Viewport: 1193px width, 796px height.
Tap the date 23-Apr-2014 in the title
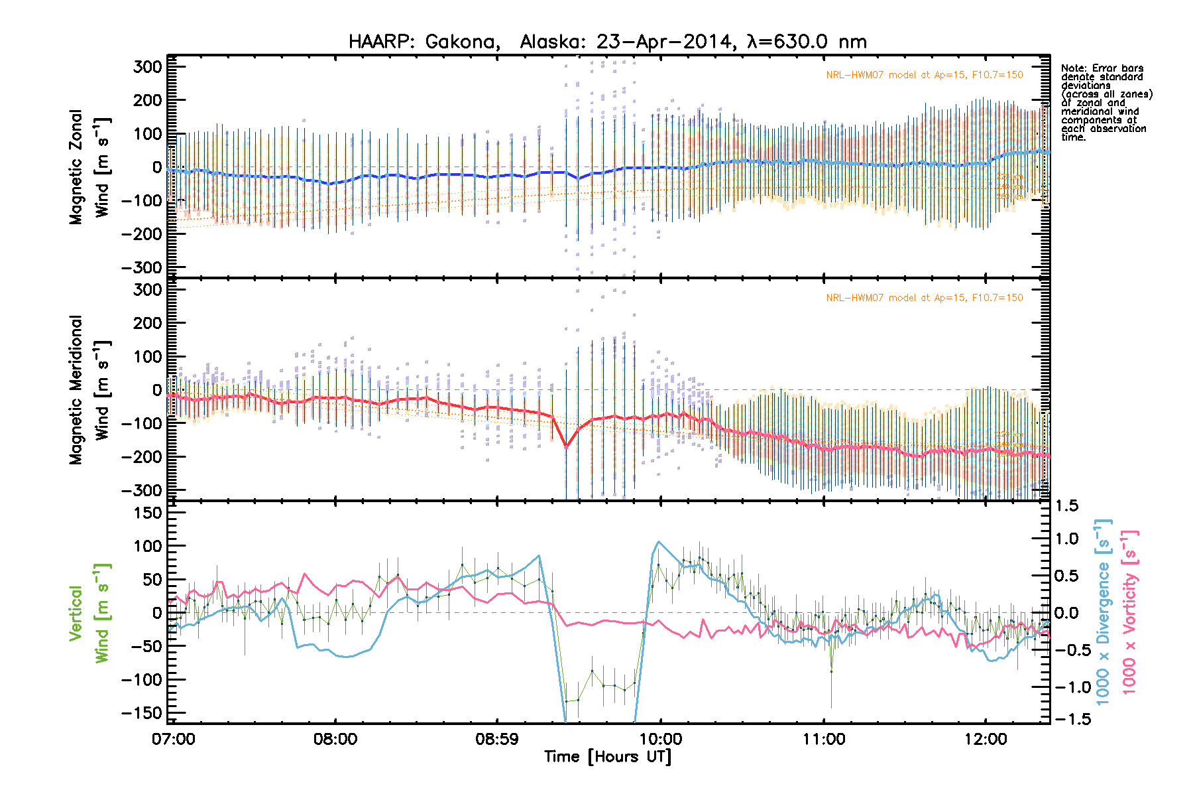tap(663, 42)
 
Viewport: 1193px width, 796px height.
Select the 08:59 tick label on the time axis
tap(497, 739)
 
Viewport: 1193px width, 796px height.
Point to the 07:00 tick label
tap(174, 739)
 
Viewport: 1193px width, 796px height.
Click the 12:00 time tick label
tap(986, 739)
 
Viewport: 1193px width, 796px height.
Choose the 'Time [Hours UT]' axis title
tap(607, 757)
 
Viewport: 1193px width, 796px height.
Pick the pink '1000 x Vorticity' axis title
tap(1129, 612)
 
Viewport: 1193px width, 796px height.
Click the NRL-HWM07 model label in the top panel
tap(924, 75)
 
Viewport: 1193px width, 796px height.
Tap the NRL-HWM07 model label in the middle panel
tap(924, 298)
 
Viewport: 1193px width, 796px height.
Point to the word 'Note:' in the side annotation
tap(1074, 68)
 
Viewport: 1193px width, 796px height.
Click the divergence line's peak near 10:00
tap(658, 542)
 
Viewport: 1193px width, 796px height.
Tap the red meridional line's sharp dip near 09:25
tap(567, 447)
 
